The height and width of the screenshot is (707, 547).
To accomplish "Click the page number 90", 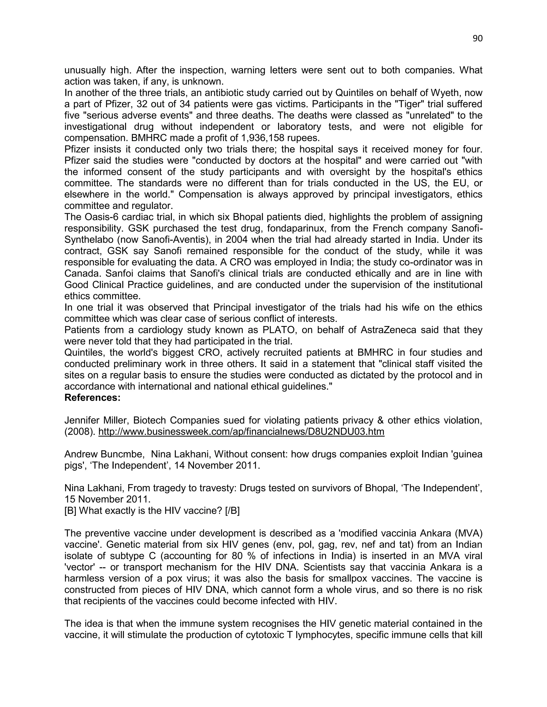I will tap(477, 38).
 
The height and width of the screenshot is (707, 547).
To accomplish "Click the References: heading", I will tap(92, 398).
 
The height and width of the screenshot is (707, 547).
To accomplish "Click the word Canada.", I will tap(83, 273).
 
